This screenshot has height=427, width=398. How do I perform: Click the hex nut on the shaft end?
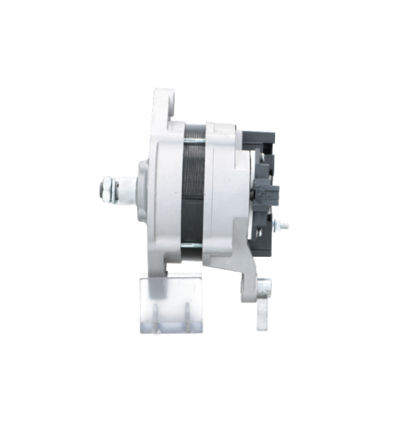[103, 189]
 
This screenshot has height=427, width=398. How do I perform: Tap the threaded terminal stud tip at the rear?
[286, 227]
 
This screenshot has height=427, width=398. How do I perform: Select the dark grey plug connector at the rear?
[269, 195]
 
